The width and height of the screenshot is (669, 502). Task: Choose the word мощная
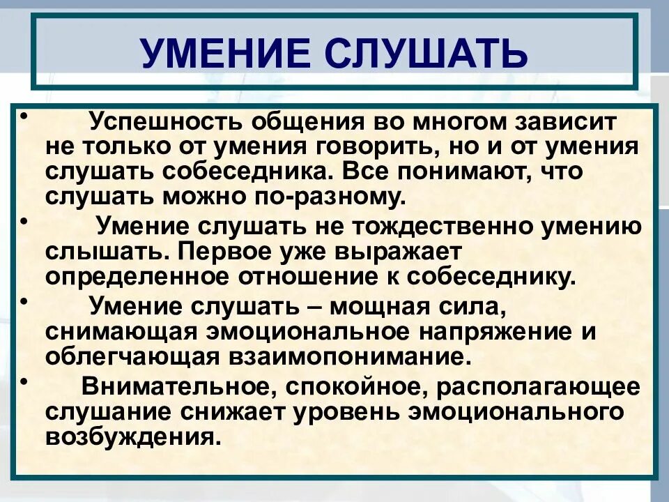pos(384,306)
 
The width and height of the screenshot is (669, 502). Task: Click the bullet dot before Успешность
pos(24,115)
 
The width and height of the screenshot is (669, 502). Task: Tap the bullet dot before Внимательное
pos(24,379)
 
